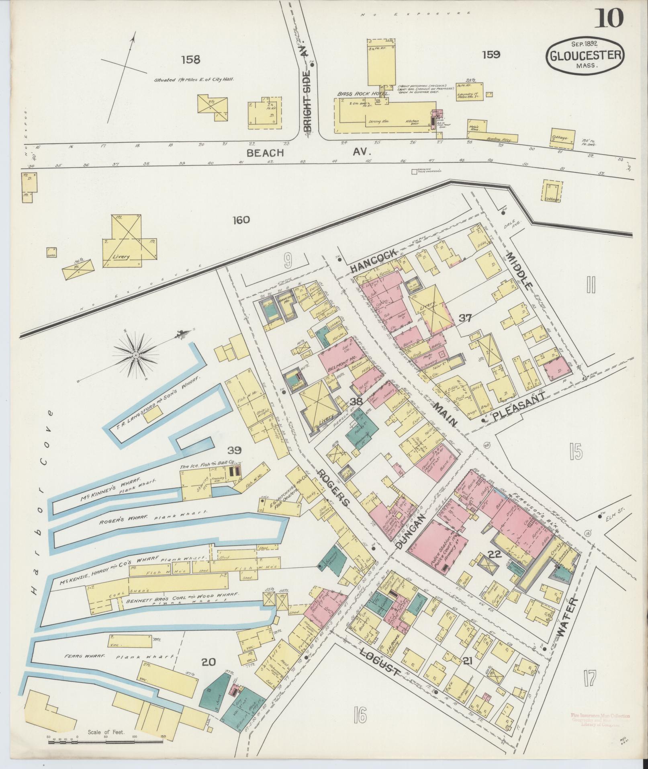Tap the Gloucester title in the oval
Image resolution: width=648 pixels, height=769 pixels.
tap(585, 55)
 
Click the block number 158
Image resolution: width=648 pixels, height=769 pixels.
tap(190, 60)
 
